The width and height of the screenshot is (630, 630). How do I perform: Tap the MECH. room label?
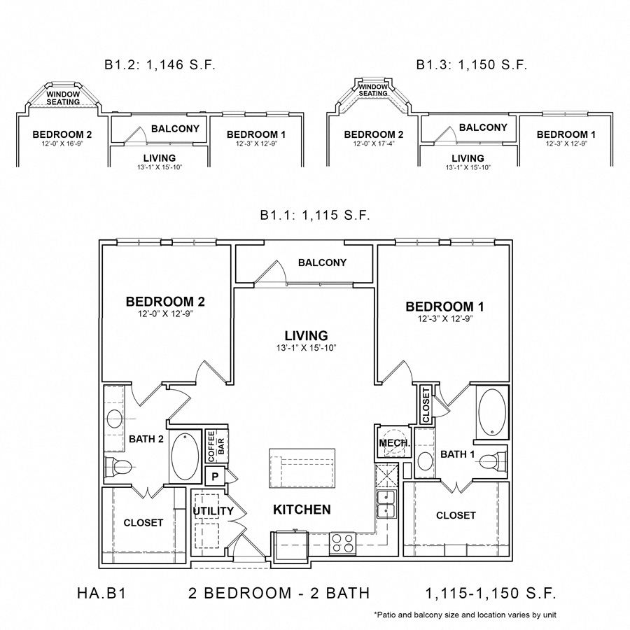[389, 444]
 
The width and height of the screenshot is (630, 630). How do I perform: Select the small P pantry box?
[216, 477]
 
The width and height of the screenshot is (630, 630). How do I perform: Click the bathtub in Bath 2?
[185, 457]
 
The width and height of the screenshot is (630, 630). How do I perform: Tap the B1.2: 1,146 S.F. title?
[160, 65]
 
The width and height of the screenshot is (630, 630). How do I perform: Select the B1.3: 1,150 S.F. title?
[471, 65]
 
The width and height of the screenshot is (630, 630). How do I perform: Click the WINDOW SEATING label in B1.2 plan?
[63, 98]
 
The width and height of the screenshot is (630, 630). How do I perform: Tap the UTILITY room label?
[213, 511]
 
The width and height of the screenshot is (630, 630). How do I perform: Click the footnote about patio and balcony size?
[465, 615]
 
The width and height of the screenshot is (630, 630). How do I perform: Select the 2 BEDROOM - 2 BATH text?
[279, 594]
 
